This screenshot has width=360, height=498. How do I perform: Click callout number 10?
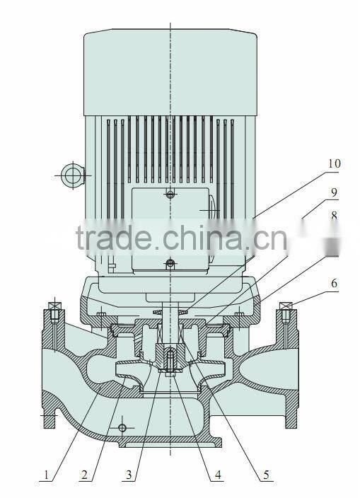[334, 164]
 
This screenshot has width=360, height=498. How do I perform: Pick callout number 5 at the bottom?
[266, 476]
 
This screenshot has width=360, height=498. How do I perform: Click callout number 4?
[219, 476]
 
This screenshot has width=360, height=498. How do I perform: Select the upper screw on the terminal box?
[170, 195]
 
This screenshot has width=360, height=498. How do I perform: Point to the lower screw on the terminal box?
[170, 264]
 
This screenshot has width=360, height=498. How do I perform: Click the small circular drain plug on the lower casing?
[122, 428]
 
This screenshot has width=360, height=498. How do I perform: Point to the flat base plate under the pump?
[170, 444]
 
